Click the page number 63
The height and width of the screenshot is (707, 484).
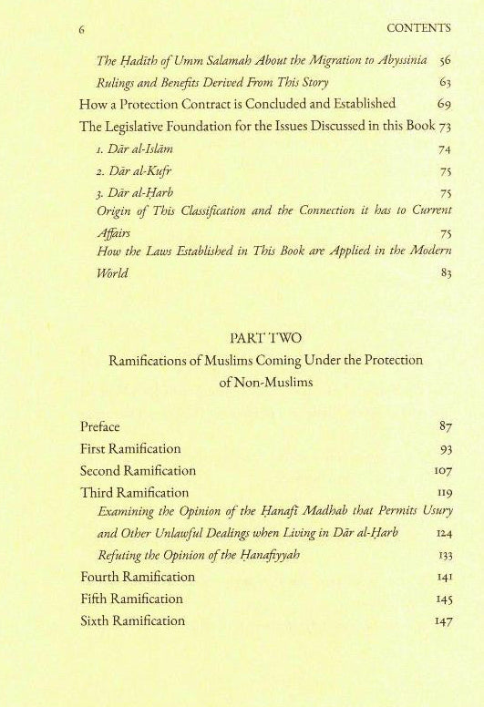tap(445, 82)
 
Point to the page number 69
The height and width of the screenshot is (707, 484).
tap(445, 104)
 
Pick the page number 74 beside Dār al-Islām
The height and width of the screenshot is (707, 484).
tap(445, 148)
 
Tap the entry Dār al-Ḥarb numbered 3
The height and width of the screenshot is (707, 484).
tap(136, 191)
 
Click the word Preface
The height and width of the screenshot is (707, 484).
tap(100, 425)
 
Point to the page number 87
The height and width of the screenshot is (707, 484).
tap(445, 426)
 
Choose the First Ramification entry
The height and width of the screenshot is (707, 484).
tap(130, 448)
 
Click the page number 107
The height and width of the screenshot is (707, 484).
tap(441, 471)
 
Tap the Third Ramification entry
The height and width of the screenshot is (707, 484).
tap(134, 493)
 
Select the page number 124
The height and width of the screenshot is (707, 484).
tap(441, 534)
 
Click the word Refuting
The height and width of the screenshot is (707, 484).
tap(120, 556)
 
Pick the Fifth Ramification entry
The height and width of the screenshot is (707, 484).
tap(131, 599)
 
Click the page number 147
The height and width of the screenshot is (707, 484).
tap(441, 621)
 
